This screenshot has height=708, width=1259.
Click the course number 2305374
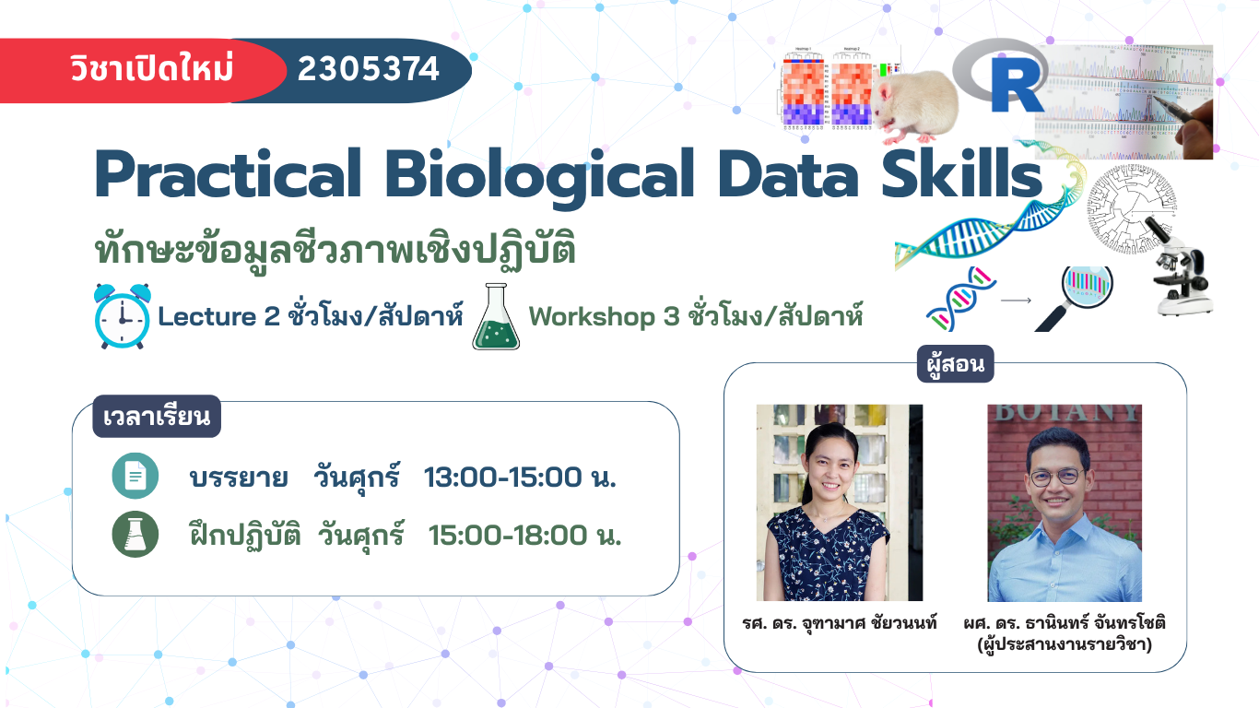pyautogui.click(x=368, y=69)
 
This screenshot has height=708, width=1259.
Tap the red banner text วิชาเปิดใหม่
pyautogui.click(x=152, y=68)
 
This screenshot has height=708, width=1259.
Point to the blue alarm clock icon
pyautogui.click(x=123, y=316)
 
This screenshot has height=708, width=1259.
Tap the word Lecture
pyautogui.click(x=206, y=316)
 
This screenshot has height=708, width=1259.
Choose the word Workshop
pyautogui.click(x=592, y=316)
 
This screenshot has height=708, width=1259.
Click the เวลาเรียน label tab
pyautogui.click(x=157, y=416)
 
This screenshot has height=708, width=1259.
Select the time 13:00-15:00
pyautogui.click(x=503, y=478)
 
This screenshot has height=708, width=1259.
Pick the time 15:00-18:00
pyautogui.click(x=508, y=535)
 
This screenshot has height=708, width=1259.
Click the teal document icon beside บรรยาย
pyautogui.click(x=135, y=476)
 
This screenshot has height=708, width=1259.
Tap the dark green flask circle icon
pyautogui.click(x=135, y=535)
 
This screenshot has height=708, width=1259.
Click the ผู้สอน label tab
pyautogui.click(x=956, y=364)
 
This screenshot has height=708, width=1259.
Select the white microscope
pyautogui.click(x=1181, y=267)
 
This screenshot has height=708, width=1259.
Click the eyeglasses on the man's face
pyautogui.click(x=1056, y=477)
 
